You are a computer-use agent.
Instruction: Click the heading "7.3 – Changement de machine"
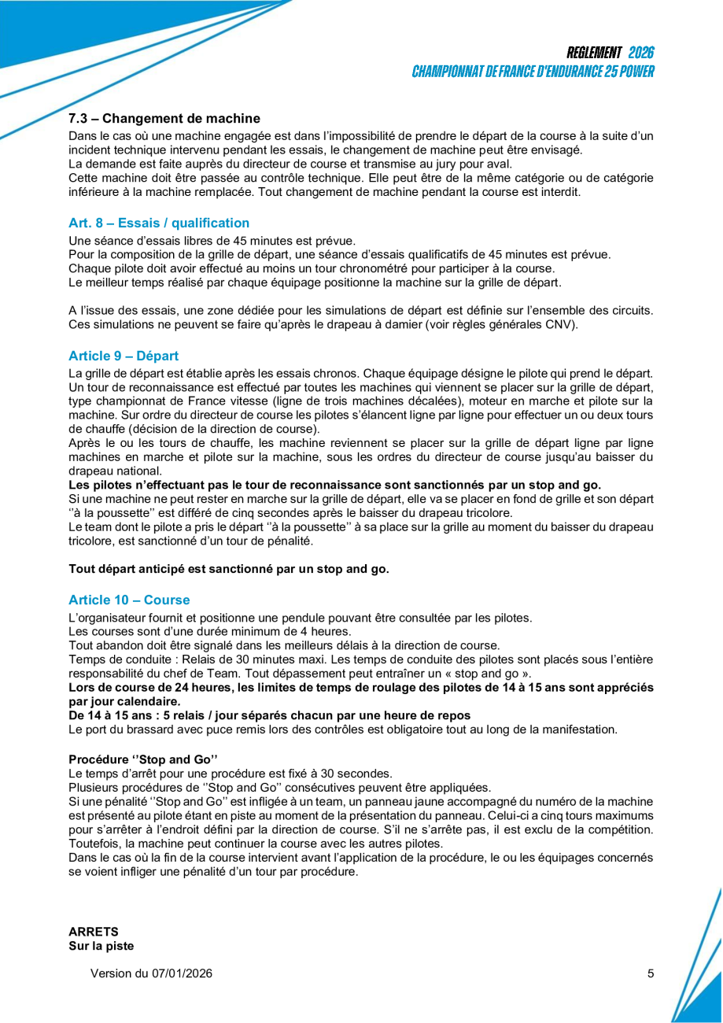164,119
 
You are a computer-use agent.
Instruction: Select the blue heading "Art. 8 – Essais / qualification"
159,223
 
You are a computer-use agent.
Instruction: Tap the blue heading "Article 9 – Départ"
124,356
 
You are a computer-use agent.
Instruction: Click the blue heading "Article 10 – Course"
129,600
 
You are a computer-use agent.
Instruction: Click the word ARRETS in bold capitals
94,932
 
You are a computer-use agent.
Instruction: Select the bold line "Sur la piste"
101,946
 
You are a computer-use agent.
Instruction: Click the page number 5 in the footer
651,973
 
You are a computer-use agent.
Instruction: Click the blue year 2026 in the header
641,53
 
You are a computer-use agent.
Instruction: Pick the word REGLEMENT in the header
594,53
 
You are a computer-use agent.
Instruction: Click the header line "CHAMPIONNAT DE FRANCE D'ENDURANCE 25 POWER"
533,72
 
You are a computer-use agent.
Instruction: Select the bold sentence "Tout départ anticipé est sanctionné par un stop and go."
229,568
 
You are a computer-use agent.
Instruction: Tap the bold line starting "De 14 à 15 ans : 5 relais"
270,715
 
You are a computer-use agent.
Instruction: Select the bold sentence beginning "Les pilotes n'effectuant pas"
334,484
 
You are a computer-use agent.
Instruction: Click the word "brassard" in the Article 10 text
149,729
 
